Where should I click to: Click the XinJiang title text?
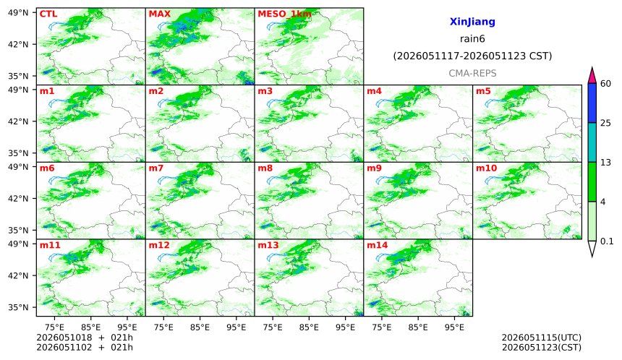point(472,22)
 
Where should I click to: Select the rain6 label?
point(472,39)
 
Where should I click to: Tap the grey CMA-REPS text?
point(472,73)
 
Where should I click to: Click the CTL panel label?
point(48,14)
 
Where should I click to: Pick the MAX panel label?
point(159,14)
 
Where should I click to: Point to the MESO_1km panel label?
point(284,14)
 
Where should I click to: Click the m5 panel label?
point(483,91)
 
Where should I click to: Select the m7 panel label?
point(156,168)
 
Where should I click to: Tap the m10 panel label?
point(486,168)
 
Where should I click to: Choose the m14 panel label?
point(377,245)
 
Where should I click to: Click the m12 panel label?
point(159,245)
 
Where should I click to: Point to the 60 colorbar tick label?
point(605,84)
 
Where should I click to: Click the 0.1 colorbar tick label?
point(607,241)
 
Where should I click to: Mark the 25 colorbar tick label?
point(605,123)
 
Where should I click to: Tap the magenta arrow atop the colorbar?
point(592,75)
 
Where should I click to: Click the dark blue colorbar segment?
point(592,103)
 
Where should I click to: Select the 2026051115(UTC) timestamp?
point(542,338)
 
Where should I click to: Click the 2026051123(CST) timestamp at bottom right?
point(542,348)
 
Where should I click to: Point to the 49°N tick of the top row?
point(18,13)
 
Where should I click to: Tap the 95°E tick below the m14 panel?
point(454,327)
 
